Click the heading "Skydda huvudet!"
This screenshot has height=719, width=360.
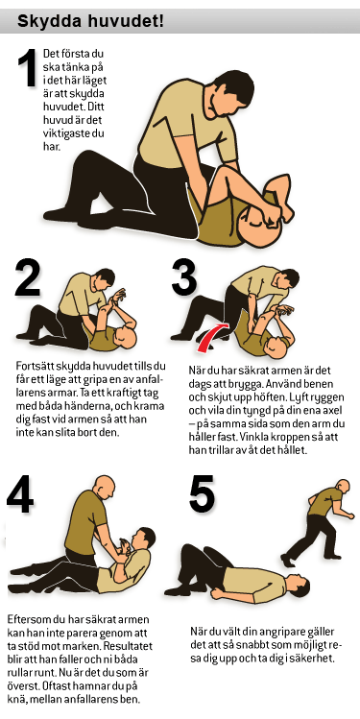point(90,20)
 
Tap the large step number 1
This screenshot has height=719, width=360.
point(27,68)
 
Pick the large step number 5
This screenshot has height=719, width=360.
point(203,493)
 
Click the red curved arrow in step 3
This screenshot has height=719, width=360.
point(213,336)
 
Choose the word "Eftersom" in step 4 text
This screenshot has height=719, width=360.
point(26,619)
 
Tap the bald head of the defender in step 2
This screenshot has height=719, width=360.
point(126,339)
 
